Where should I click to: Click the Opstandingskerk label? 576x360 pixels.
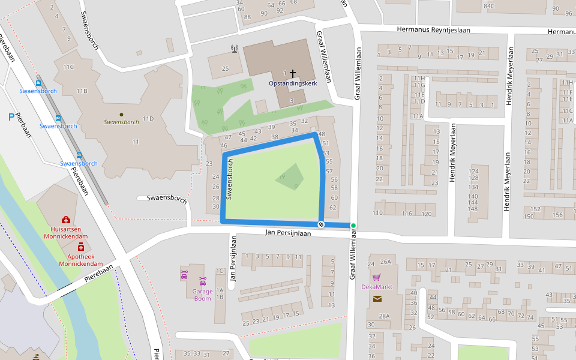click(293, 83)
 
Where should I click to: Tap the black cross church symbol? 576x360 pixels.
click(293, 74)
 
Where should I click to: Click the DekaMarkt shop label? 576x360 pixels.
click(377, 287)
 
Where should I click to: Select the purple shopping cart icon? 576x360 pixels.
click(376, 277)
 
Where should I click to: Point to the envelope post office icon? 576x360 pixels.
click(376, 298)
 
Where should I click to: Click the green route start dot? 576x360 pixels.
click(353, 226)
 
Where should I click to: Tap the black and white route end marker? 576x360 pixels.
click(321, 224)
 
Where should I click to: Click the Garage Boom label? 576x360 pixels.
click(203, 295)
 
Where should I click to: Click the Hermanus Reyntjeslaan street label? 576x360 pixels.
click(433, 29)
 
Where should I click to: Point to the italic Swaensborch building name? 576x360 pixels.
click(121, 122)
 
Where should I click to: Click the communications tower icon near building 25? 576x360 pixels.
click(234, 49)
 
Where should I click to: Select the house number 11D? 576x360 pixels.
click(148, 119)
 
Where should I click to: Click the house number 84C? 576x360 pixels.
click(489, 6)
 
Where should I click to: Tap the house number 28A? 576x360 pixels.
click(384, 316)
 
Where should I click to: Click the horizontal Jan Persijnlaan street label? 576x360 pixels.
click(288, 233)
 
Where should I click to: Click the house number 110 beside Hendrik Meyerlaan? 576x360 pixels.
click(377, 213)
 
